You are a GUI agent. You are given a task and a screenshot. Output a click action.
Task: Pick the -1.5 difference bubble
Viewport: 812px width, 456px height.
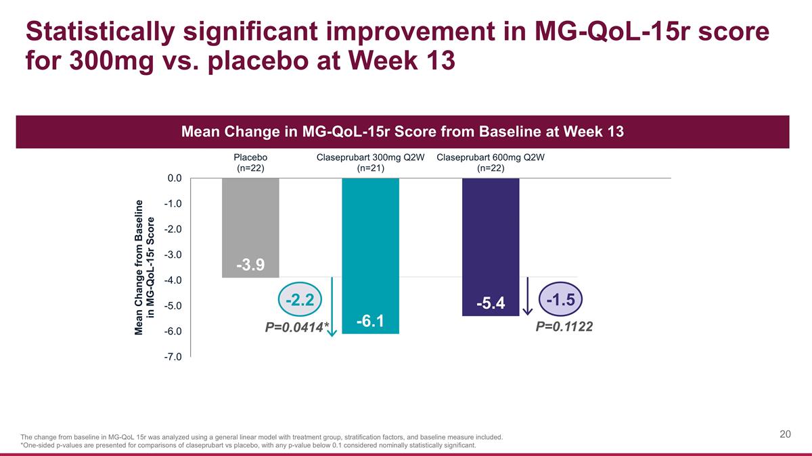point(561,299)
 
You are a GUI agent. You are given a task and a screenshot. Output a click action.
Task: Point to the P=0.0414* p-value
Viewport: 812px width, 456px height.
point(296,328)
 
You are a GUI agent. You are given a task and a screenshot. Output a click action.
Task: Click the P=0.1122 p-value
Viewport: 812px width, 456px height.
point(564,327)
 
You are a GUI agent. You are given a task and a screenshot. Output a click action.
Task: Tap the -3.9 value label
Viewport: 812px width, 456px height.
point(250,265)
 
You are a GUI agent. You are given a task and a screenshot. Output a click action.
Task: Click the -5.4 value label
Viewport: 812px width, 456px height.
point(490,304)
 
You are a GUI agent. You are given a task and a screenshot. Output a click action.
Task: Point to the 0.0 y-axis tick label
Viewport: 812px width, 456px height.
point(175,178)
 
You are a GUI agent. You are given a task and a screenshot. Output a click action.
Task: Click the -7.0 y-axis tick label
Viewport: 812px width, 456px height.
point(173,357)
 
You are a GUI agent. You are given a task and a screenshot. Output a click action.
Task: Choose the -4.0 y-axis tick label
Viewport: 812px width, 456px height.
point(173,280)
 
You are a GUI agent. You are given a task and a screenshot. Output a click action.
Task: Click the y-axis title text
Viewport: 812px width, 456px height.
point(145,267)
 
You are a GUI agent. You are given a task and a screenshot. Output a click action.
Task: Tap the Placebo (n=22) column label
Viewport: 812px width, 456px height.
point(250,163)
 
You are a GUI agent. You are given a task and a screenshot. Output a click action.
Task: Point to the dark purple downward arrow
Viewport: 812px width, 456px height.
point(528,297)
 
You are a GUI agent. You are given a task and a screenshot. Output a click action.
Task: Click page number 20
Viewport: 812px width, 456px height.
point(785,434)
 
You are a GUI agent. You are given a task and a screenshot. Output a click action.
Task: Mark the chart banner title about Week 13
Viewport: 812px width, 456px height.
point(403,132)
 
